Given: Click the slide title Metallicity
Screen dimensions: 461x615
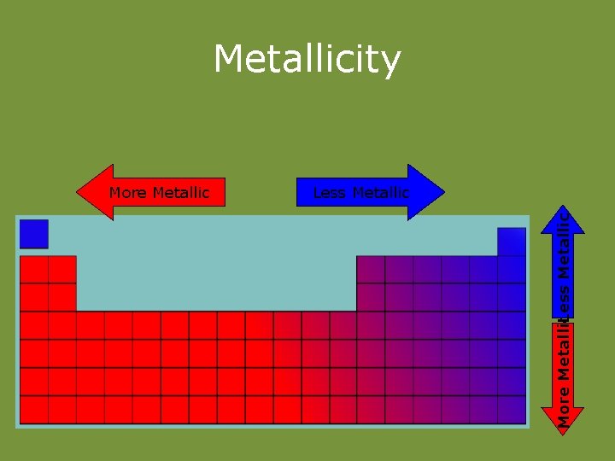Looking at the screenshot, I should point(307,60).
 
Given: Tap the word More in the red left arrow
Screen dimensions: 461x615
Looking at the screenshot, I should point(128,193).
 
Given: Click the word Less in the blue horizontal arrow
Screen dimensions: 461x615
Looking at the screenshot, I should point(329,193).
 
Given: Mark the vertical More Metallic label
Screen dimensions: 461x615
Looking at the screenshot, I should point(564,371).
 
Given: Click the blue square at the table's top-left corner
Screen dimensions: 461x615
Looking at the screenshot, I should point(34,233).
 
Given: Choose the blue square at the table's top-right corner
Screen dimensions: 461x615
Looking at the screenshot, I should point(512,241).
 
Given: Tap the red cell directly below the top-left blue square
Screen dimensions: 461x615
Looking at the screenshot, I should point(34,269).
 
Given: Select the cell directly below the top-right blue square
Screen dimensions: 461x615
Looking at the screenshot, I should point(512,269).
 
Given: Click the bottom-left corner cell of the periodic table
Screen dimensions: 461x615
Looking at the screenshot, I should point(34,409).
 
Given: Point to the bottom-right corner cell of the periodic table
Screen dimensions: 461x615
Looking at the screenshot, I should point(512,409).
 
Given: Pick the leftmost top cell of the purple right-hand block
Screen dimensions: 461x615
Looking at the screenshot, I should point(371,269).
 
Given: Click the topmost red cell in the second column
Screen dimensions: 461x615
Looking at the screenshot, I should point(62,269).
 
